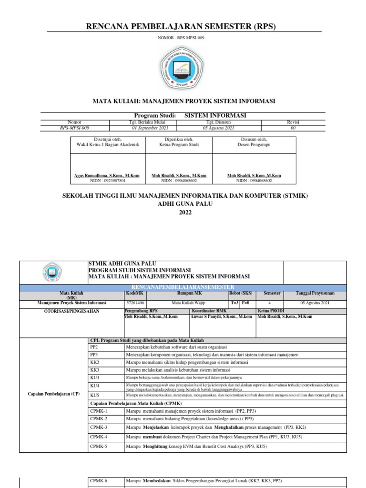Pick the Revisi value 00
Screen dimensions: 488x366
(293, 128)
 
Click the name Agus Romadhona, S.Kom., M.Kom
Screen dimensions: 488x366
(107, 176)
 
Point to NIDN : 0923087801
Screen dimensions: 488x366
(107, 181)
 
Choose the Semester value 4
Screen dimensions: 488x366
(270, 303)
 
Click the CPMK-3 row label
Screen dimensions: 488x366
(99, 427)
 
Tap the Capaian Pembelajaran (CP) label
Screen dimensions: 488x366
(53, 394)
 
